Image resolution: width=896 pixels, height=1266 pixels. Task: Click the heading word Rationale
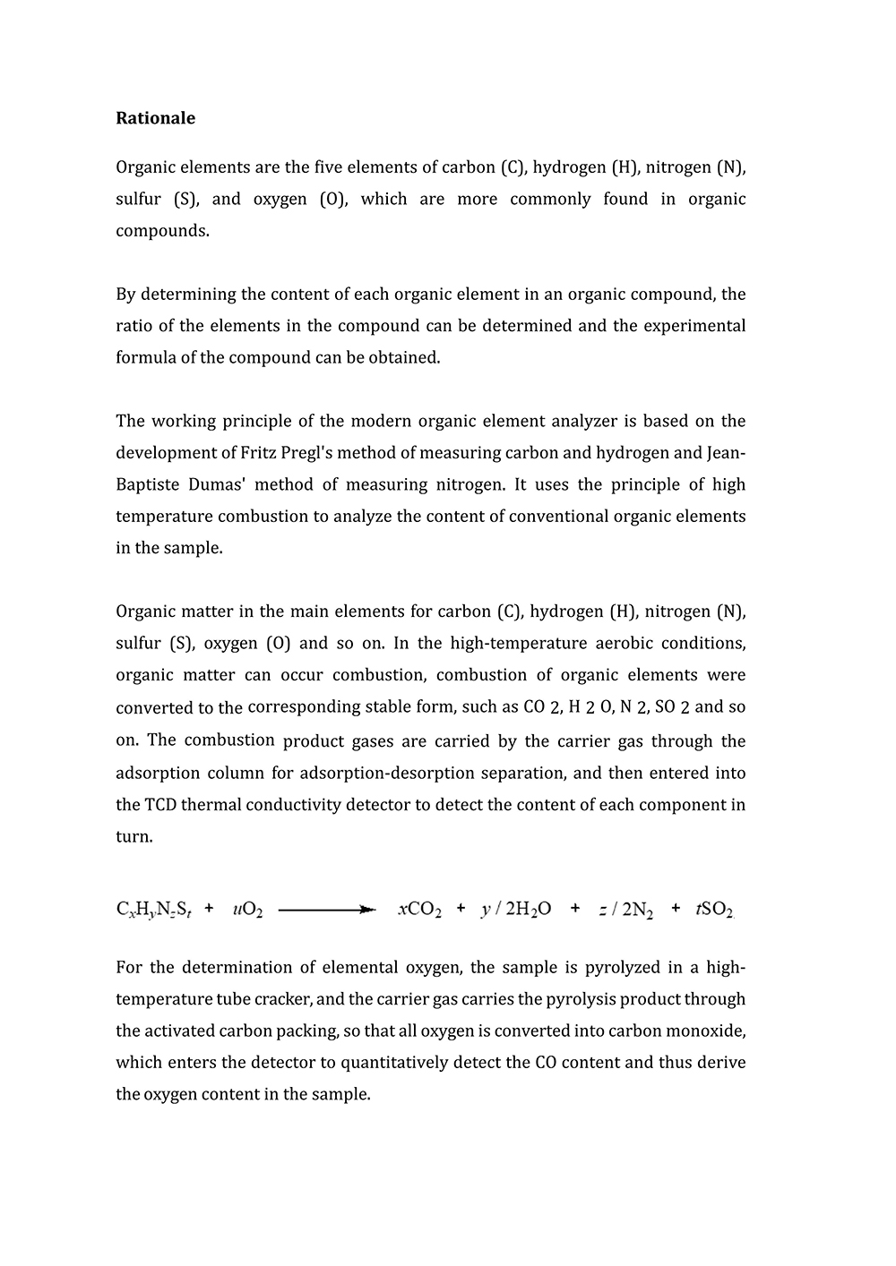155,118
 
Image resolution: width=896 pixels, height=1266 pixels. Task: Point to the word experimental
694,326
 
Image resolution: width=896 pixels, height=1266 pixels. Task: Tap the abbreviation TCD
159,805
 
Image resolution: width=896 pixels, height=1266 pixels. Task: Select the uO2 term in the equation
247,911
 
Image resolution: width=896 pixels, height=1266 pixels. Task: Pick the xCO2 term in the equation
419,911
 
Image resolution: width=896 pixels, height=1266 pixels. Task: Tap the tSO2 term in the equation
715,911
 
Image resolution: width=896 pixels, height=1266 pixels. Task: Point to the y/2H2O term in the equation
516,911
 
